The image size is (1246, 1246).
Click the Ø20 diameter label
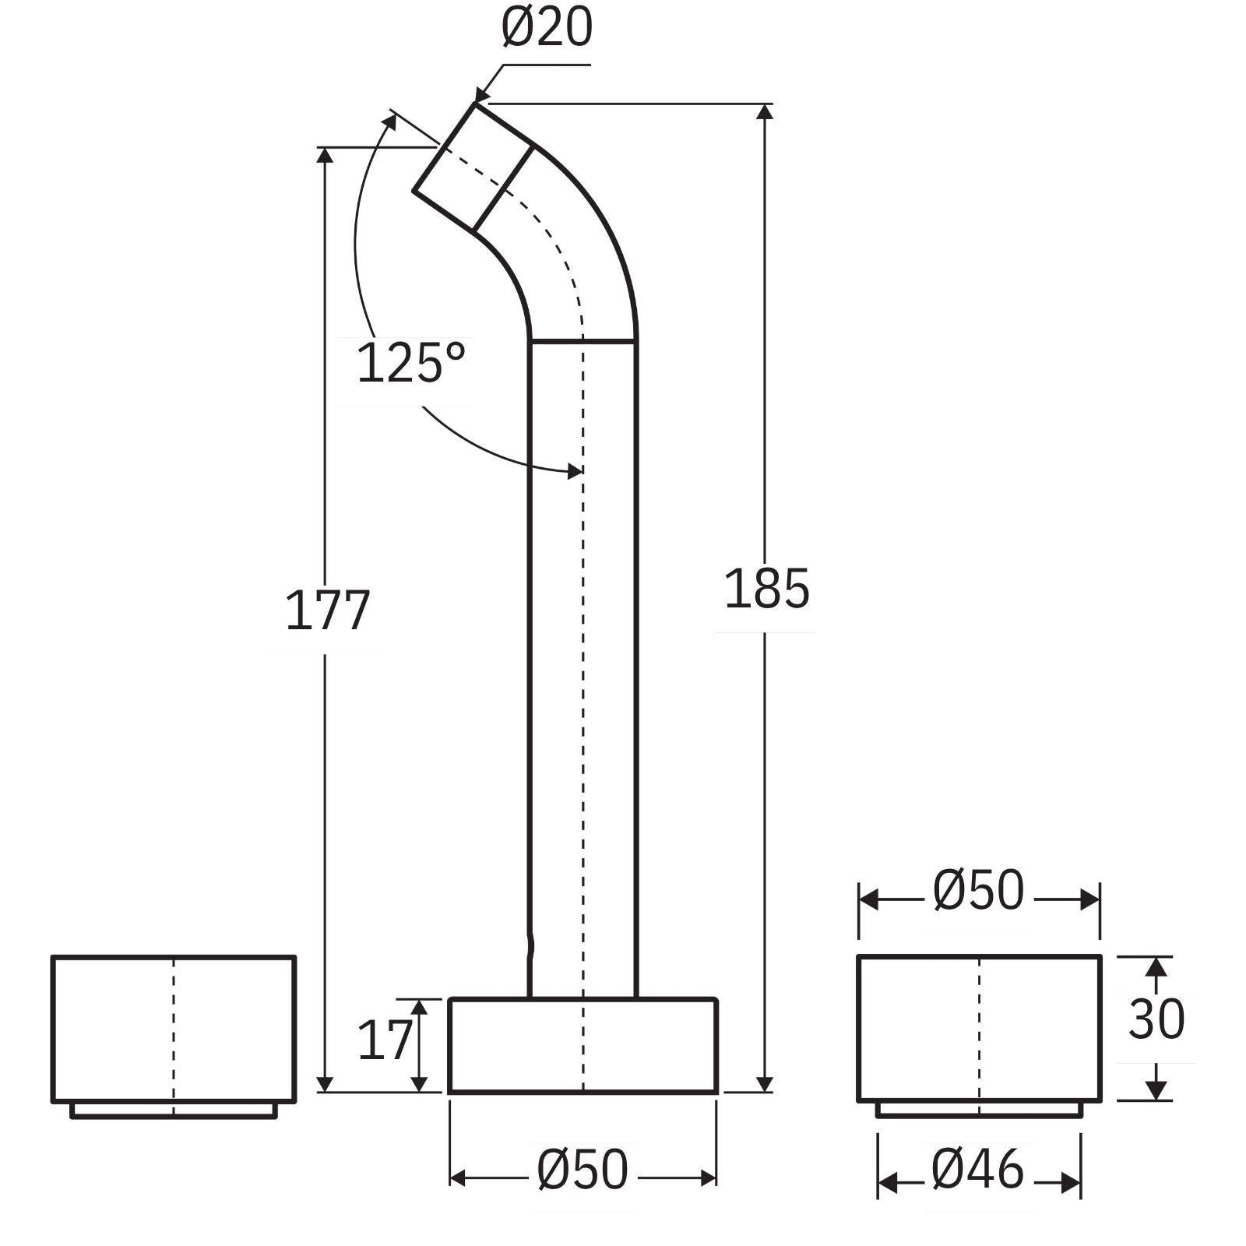tap(547, 28)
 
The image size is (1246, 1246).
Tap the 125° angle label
tap(410, 363)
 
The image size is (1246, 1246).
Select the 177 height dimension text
tap(327, 611)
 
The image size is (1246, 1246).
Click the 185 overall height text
tap(766, 590)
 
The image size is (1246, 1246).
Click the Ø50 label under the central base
tap(582, 1170)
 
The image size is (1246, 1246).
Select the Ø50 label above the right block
tap(978, 891)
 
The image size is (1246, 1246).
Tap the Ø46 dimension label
tap(978, 1170)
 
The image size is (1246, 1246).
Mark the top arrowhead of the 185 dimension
tap(766, 111)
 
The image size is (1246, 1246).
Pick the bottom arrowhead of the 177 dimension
tap(326, 1083)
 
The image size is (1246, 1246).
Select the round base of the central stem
tap(583, 1046)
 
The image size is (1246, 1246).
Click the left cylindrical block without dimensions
tap(173, 1029)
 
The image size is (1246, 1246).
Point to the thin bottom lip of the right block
tap(979, 1109)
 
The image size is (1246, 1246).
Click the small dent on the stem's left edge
tap(532, 947)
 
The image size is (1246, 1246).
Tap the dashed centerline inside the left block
tap(174, 1028)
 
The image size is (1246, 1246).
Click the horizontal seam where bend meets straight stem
tap(583, 340)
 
